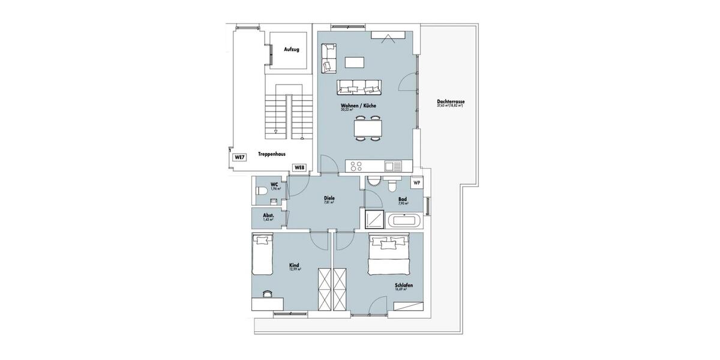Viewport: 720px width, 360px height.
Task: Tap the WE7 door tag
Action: click(x=239, y=157)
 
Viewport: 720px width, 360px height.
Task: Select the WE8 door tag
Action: click(x=299, y=167)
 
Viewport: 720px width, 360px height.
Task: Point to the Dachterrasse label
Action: click(x=451, y=102)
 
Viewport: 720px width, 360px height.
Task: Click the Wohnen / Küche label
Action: click(x=358, y=106)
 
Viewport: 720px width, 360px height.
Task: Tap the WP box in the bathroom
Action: click(x=416, y=182)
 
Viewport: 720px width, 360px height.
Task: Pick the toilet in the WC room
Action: click(x=262, y=190)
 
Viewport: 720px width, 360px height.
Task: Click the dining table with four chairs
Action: click(x=367, y=128)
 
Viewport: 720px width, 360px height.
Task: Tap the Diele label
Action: click(x=329, y=198)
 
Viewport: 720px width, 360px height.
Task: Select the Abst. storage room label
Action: click(x=268, y=216)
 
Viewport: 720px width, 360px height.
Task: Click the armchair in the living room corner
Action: click(x=328, y=58)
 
